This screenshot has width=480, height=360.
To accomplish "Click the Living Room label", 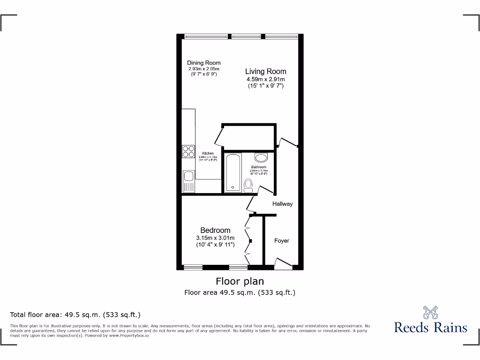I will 265,72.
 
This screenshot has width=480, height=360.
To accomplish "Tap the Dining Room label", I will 203,63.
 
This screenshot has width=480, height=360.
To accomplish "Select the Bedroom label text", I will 215,230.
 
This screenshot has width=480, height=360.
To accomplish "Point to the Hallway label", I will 283,204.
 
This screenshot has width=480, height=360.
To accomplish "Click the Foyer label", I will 282,240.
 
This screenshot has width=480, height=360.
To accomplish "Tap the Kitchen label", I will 208,154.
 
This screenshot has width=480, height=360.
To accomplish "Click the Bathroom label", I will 258,167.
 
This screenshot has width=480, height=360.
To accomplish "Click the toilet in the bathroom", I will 249,185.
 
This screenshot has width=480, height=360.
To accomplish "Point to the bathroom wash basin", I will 261,157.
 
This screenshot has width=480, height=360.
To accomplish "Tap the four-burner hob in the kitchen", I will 188,151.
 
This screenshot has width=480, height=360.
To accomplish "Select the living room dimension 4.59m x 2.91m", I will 265,80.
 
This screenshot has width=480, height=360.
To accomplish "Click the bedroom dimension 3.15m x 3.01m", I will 215,238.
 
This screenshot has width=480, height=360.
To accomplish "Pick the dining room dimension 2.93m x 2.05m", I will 203,69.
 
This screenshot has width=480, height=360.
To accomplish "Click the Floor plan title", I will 240,281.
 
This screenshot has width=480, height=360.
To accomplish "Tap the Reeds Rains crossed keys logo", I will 430,312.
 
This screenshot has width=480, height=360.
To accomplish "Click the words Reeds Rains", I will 430,327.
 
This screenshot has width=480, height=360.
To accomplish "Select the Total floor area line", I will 75,315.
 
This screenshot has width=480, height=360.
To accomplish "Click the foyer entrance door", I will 283,264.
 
